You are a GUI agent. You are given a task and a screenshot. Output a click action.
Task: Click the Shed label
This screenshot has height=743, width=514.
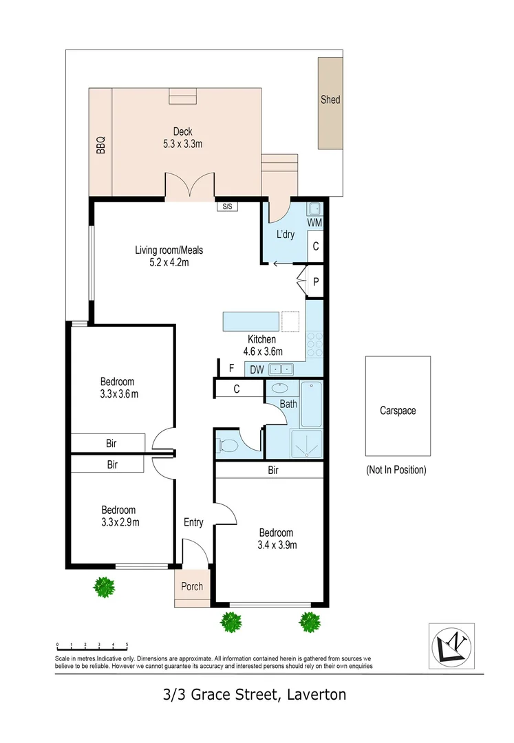coord(330,100)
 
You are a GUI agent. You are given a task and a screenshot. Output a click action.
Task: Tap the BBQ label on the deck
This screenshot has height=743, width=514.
coord(100,145)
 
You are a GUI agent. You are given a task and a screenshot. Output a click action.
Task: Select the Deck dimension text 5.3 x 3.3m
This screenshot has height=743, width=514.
coord(182,144)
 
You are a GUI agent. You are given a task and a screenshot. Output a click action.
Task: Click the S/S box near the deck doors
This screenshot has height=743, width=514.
coord(225,206)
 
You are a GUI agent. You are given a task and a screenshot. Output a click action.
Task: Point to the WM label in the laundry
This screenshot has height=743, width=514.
coord(314,223)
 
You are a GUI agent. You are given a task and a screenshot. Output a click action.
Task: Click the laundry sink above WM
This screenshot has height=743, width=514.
coord(314,208)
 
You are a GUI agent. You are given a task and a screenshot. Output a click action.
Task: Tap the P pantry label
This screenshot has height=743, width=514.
coord(315,282)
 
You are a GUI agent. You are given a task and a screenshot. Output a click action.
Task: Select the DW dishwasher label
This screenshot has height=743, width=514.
coord(257,370)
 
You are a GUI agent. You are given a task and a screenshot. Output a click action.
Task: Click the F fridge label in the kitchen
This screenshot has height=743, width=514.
coord(231,369)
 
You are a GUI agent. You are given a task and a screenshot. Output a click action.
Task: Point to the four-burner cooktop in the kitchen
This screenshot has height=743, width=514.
coord(314,345)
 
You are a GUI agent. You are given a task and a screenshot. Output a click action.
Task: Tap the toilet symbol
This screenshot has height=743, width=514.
coord(226,446)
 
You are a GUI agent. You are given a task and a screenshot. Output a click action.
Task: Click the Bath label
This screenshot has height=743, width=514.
coord(288,404)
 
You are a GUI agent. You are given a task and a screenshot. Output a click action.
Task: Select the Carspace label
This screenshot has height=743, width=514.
coord(398,411)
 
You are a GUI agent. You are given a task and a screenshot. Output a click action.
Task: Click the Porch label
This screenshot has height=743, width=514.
coord(192,586)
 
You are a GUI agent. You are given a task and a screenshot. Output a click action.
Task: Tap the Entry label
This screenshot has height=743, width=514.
coord(193,523)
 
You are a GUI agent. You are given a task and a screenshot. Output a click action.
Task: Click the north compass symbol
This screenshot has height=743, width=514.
coord(451,645)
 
